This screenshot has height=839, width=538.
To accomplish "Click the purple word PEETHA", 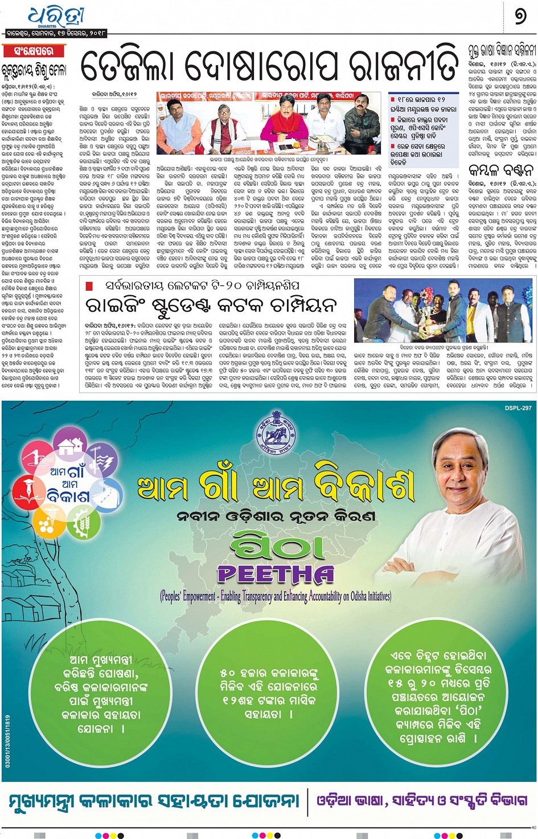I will pyautogui.click(x=276, y=573).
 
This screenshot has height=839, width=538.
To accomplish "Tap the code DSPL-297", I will pyautogui.click(x=518, y=408).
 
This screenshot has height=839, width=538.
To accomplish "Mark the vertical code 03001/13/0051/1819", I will pyautogui.click(x=7, y=740).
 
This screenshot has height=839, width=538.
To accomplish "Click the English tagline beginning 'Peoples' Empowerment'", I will pyautogui.click(x=276, y=596).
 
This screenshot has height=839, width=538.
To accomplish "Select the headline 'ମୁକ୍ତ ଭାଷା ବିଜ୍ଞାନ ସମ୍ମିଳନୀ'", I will pyautogui.click(x=502, y=50).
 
